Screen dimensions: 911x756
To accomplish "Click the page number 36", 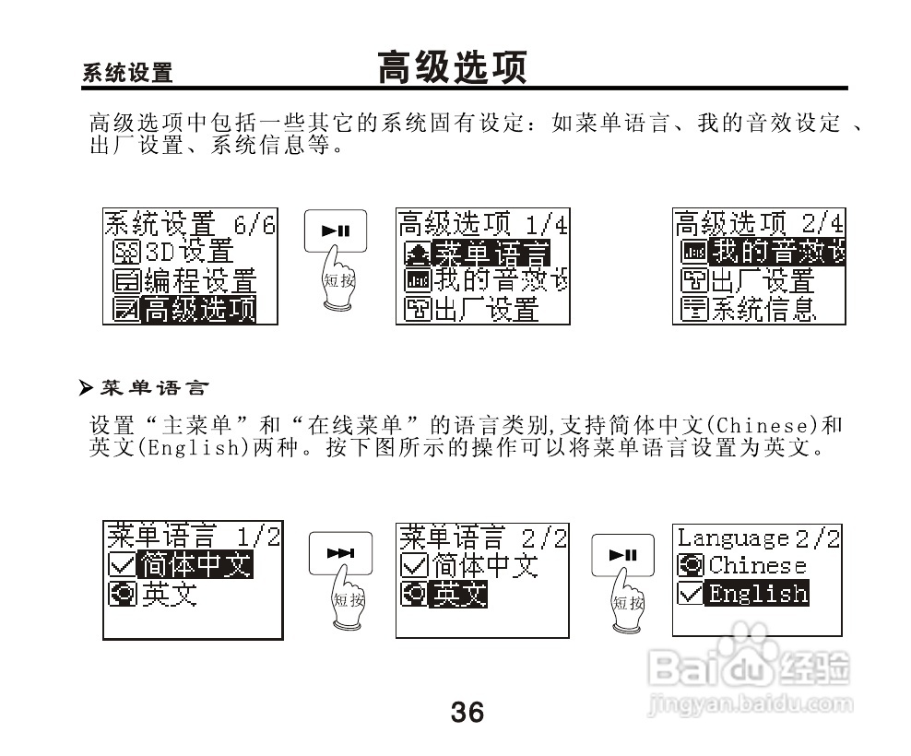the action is click(467, 712).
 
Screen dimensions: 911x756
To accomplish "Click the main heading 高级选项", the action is click(452, 68).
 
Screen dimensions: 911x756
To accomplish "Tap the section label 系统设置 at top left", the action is click(127, 74).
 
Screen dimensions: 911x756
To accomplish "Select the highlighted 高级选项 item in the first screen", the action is click(199, 309).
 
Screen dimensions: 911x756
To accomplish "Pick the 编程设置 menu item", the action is click(199, 280).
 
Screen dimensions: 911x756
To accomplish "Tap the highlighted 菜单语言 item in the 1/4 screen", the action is click(489, 252).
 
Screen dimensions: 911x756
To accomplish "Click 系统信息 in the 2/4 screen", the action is click(762, 309).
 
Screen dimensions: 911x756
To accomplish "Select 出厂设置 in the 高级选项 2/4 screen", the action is click(762, 280).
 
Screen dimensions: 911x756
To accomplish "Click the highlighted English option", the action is click(757, 594).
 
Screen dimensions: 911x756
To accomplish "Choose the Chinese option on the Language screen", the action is click(757, 565).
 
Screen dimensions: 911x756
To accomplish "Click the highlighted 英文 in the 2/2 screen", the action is click(459, 594).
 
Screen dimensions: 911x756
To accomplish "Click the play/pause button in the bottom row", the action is click(622, 554).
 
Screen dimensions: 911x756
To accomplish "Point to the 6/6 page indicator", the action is click(255, 223).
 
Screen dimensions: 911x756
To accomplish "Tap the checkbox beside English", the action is click(690, 594).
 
